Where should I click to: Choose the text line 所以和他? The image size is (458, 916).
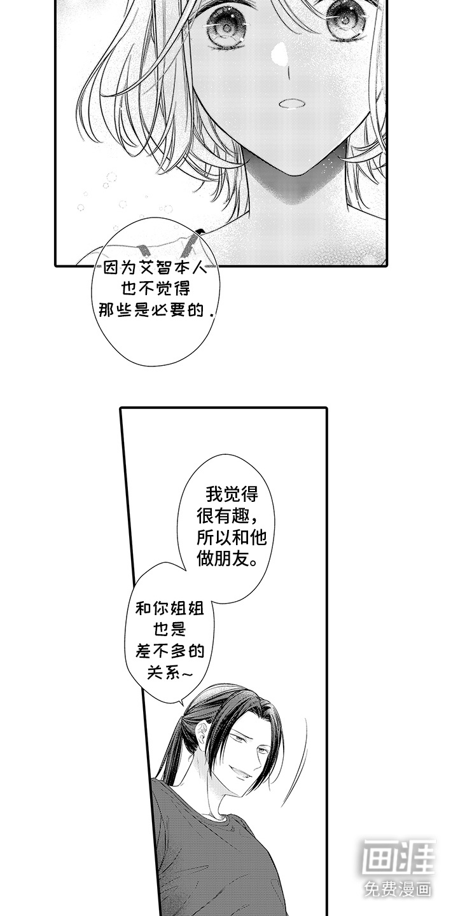coord(232,538)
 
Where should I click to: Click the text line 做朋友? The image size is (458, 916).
coord(228,560)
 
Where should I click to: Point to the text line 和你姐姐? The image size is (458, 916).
coord(170,607)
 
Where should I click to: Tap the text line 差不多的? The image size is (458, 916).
coord(170,650)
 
